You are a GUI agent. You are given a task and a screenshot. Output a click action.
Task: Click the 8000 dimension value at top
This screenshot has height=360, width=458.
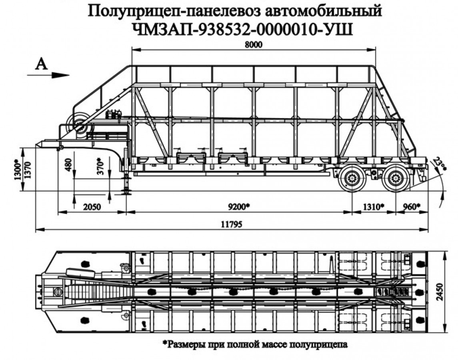click(254, 45)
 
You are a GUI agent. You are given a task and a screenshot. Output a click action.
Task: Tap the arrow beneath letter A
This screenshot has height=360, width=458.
click(48, 75)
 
